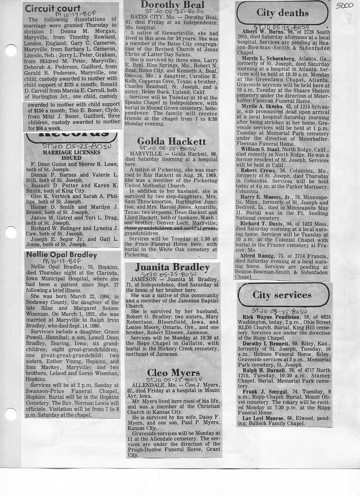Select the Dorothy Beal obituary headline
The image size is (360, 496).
click(172, 5)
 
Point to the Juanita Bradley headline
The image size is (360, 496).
click(172, 267)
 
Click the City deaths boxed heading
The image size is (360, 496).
click(282, 12)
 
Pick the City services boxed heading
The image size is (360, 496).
click(282, 295)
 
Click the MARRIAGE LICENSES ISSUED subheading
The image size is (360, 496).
click(71, 155)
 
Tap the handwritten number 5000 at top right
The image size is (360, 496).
click(344, 6)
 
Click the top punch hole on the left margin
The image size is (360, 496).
click(10, 50)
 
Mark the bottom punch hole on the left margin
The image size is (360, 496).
click(10, 414)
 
